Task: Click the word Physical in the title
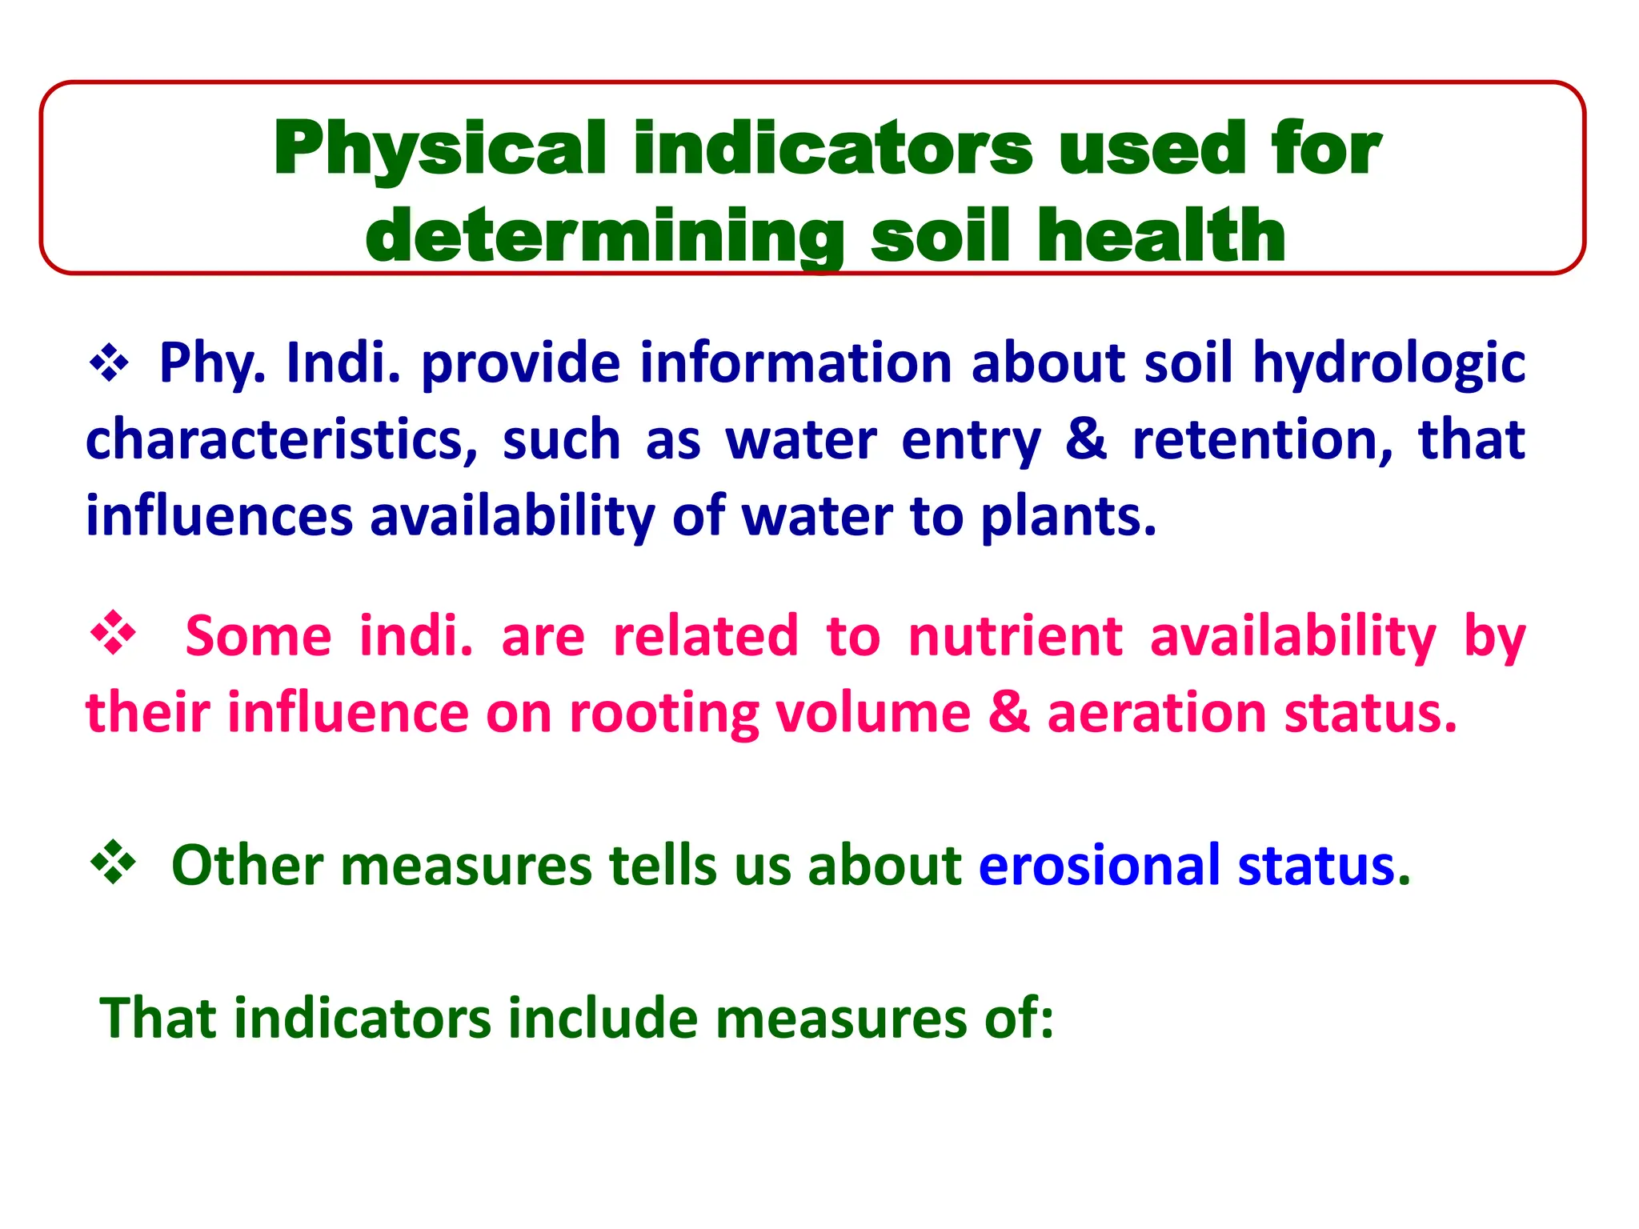coord(439,149)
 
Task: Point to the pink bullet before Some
coord(113,634)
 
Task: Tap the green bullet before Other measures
coord(113,863)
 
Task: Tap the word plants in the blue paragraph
coord(1068,518)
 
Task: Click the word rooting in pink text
coord(663,713)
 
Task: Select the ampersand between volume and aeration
coord(1008,713)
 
